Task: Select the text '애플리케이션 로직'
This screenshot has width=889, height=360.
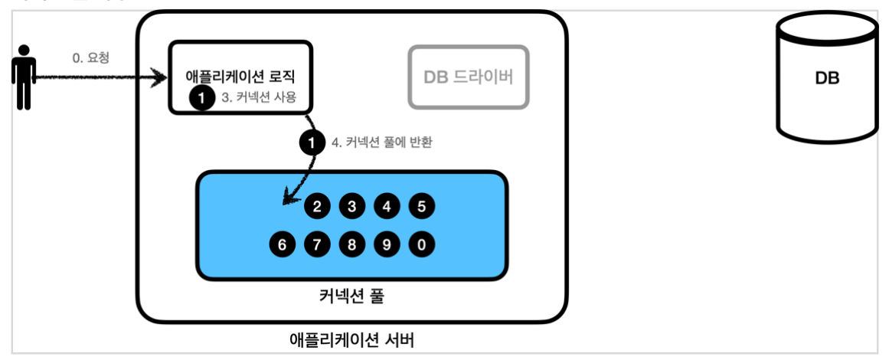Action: [240, 77]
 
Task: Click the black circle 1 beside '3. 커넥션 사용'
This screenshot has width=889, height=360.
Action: [201, 98]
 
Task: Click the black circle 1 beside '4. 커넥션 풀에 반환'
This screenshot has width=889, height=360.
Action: [311, 142]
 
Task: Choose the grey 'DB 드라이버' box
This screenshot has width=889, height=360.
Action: [468, 77]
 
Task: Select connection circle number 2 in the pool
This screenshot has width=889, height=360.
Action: [316, 206]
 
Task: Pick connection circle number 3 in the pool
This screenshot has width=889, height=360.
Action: [351, 206]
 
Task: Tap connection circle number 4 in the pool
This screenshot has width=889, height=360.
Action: [387, 206]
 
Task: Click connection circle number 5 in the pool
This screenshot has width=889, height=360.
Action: [422, 206]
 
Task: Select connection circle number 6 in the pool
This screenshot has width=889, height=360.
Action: [282, 245]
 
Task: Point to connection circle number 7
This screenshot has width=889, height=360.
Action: [317, 245]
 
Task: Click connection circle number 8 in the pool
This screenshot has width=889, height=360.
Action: [352, 245]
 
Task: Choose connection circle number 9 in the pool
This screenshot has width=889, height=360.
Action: [387, 245]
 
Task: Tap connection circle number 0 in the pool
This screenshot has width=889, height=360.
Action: [422, 245]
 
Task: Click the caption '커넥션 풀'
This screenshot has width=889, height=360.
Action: [351, 296]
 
